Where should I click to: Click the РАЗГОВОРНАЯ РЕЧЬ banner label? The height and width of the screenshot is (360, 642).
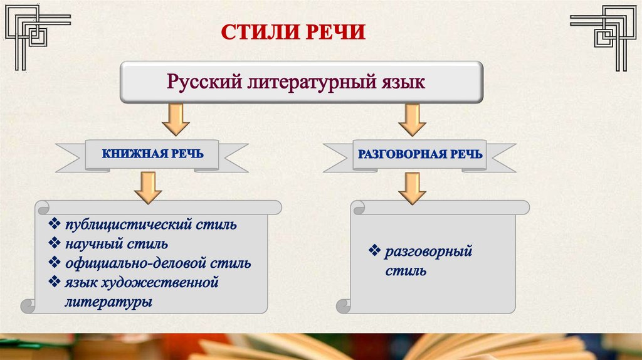click(419, 154)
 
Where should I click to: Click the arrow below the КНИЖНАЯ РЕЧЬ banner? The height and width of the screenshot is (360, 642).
click(148, 186)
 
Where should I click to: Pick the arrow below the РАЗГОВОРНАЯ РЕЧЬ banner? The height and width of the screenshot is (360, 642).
click(412, 188)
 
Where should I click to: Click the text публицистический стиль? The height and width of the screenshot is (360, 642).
click(150, 224)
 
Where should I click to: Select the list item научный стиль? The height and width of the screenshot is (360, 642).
click(116, 243)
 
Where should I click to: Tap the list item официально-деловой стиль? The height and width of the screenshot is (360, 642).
click(157, 263)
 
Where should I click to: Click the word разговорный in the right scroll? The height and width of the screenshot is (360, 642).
click(428, 252)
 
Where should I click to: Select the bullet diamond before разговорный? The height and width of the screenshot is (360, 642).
click(375, 252)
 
